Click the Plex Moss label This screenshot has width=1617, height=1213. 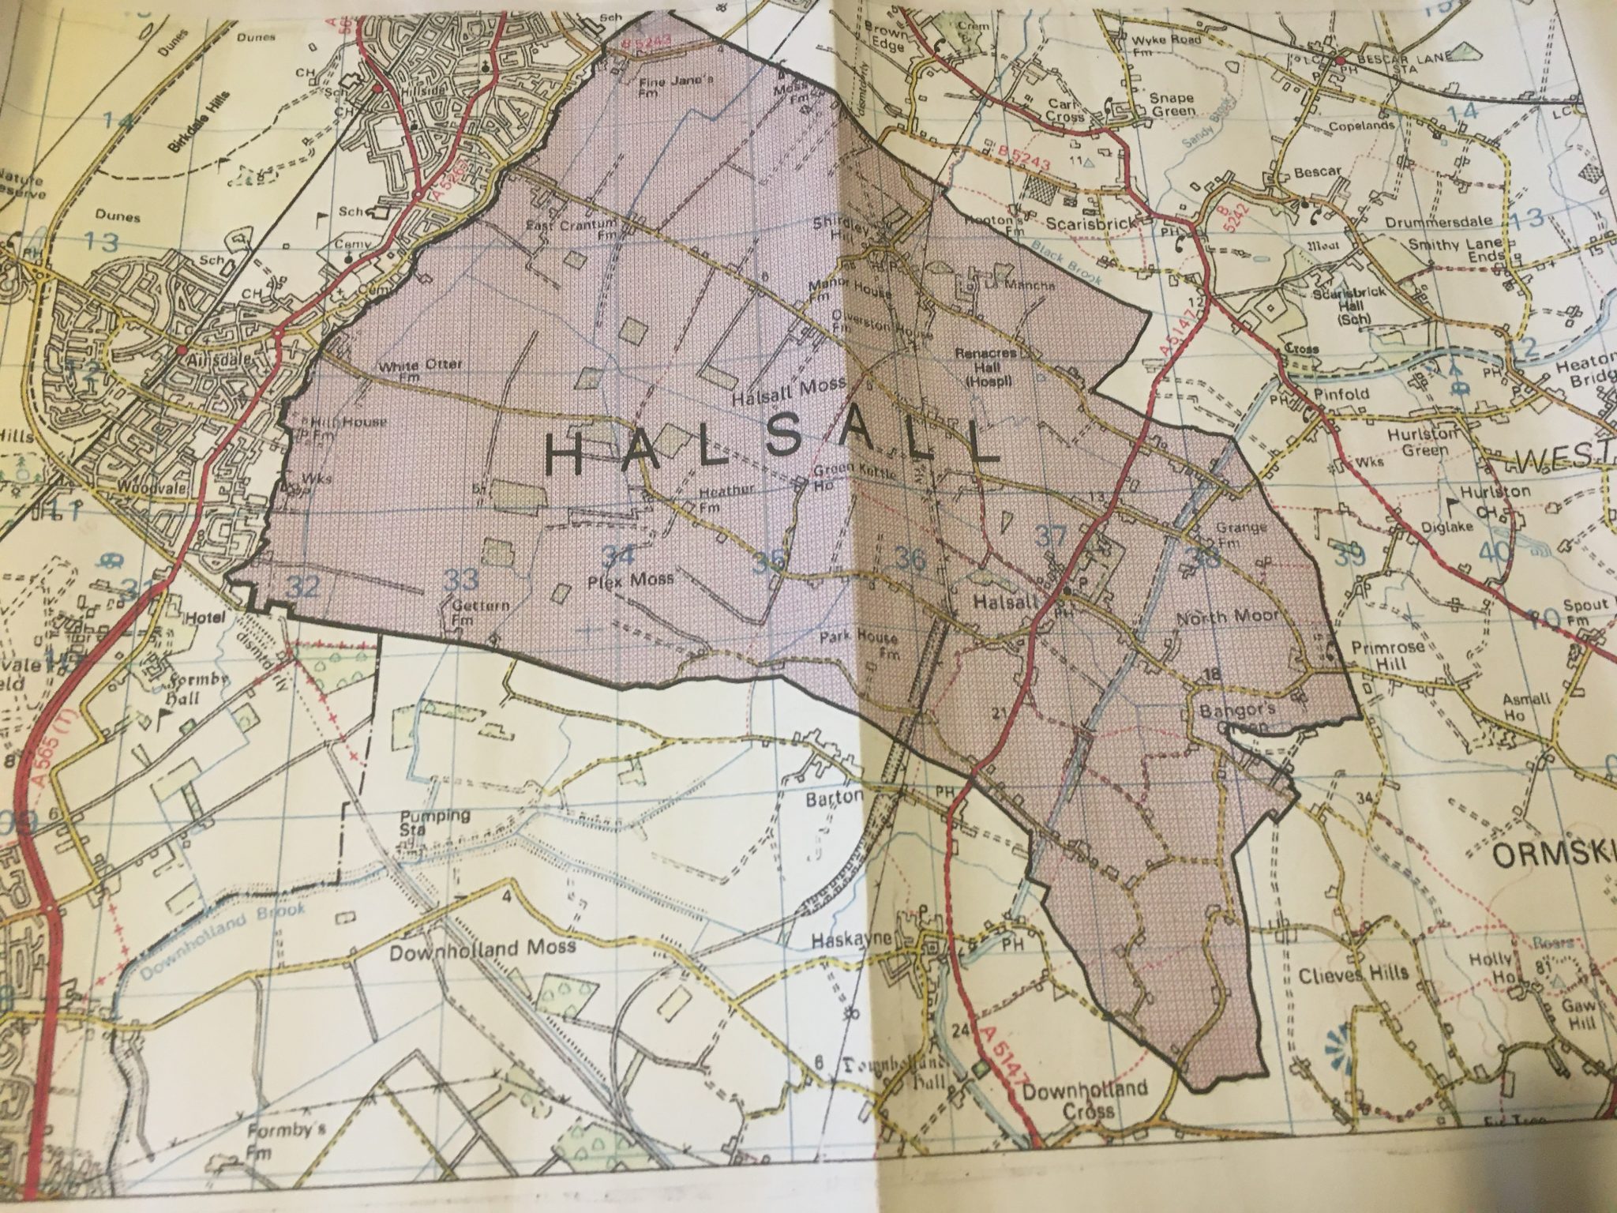pos(631,580)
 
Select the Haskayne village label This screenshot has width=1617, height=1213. pos(850,940)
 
